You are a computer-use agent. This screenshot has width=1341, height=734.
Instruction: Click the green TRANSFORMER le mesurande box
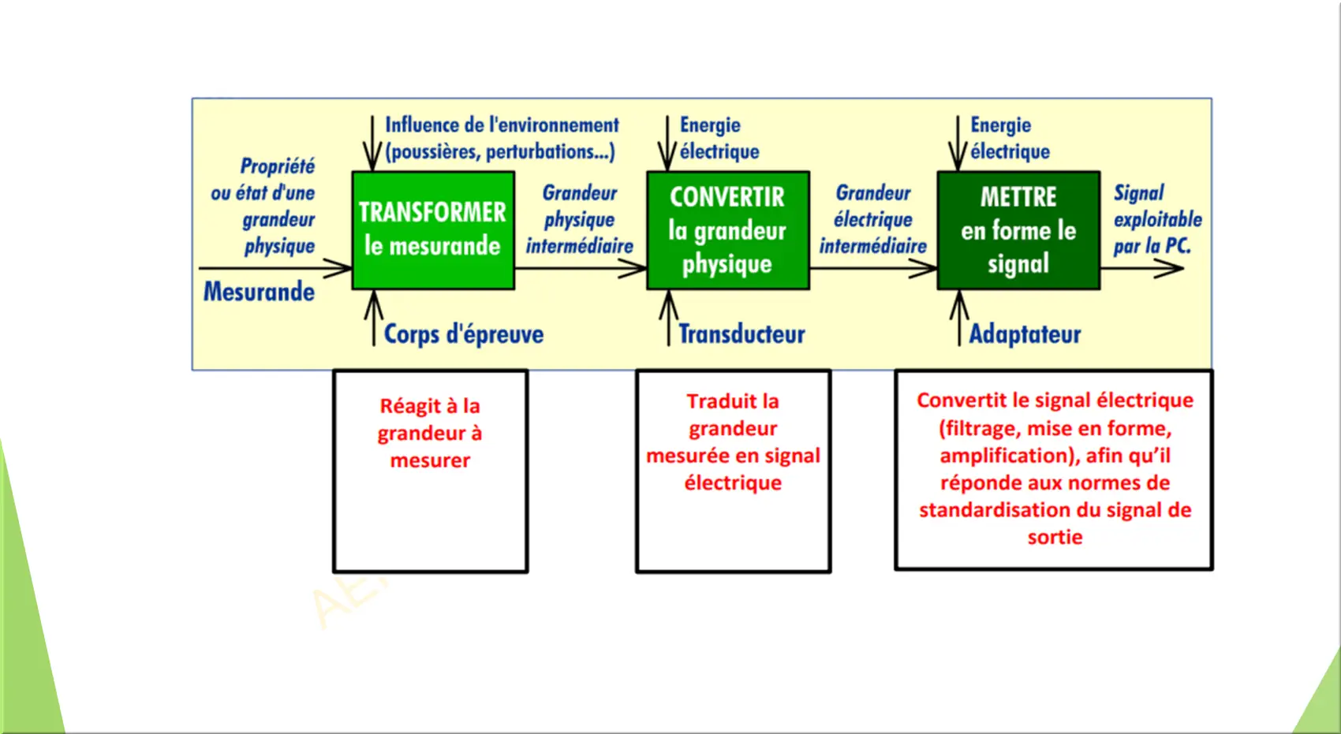coord(433,230)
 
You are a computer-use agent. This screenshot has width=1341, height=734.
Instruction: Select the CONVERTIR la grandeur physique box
coord(728,230)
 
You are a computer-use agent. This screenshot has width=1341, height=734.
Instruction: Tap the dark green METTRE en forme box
coord(1018,230)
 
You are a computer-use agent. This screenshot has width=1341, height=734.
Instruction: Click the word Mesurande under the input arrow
coord(259,292)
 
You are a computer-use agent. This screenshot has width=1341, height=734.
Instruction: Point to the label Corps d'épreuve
coord(463,333)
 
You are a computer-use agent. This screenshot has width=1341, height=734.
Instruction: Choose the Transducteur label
coord(741,333)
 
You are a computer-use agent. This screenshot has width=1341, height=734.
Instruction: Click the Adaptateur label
coord(1025,333)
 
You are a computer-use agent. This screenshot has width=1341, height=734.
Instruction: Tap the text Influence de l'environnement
coord(502,125)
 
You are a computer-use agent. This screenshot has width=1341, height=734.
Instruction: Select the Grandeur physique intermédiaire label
coord(580,219)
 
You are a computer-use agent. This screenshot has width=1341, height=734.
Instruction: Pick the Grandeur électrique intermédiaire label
coord(873,219)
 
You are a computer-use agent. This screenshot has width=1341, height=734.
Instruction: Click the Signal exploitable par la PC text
coord(1157,219)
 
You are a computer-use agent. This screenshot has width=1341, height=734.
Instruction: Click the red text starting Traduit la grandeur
coord(733,442)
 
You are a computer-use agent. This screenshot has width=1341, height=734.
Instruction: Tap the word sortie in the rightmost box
coord(1055,537)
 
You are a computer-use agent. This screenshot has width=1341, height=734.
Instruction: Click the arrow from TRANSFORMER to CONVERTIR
coord(581,268)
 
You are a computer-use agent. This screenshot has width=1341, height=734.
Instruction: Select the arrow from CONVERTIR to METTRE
coord(873,268)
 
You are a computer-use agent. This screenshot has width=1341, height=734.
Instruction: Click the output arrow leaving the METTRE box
coord(1142,268)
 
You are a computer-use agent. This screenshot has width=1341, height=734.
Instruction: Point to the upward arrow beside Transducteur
coord(668,318)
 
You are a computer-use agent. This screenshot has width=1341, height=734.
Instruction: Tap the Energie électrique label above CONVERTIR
coord(719,138)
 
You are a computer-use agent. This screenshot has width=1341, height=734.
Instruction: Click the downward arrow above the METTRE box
coord(958,143)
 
